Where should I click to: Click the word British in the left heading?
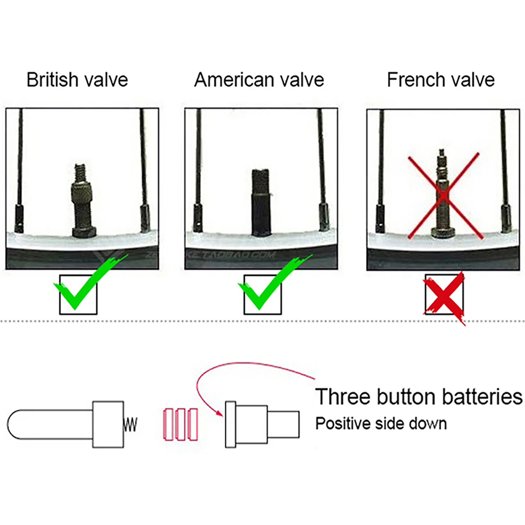click(52, 79)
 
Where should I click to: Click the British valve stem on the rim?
click(83, 201)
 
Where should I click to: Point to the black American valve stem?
click(260, 202)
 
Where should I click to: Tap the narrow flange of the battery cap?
click(230, 425)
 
